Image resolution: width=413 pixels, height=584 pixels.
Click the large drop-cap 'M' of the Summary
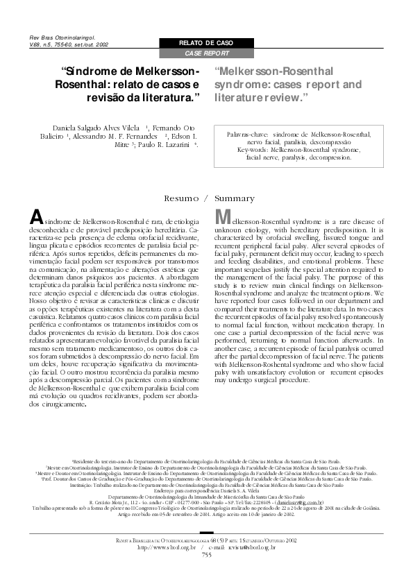pos(224,216)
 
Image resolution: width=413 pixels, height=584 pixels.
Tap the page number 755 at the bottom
pos(206,574)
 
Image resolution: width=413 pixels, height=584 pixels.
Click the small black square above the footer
pos(206,553)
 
